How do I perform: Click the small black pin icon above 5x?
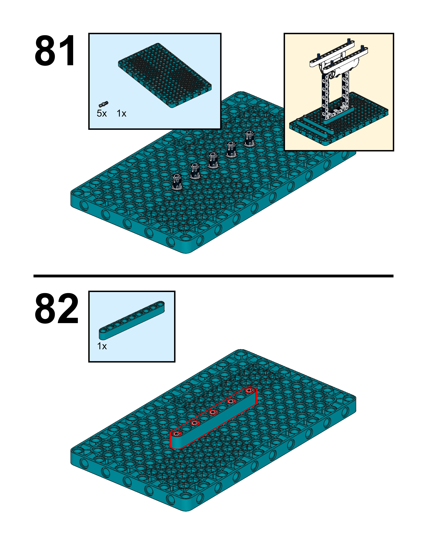coord(103,104)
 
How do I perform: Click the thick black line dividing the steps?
coord(213,276)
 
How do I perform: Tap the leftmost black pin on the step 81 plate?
coord(177,181)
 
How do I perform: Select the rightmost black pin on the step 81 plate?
coord(250,138)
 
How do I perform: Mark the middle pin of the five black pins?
coord(213,160)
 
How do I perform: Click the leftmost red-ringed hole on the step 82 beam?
coord(177,434)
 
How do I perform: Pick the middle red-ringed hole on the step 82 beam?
coord(213,412)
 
